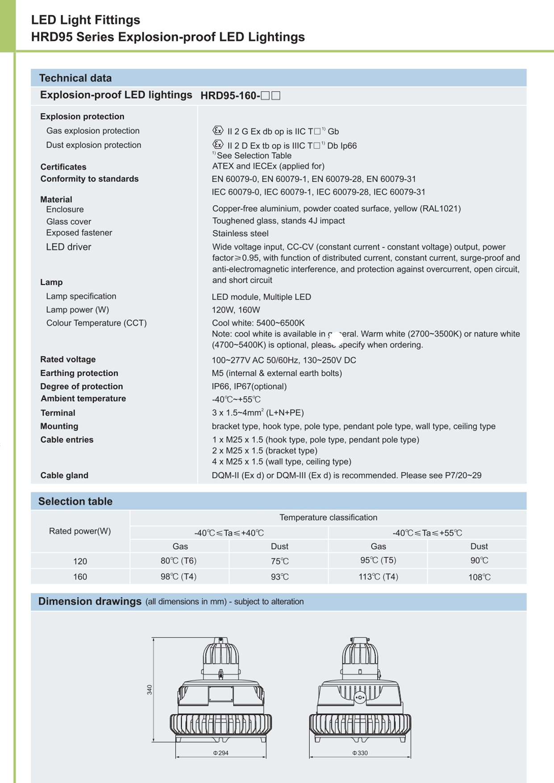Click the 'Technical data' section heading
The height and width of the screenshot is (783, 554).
click(x=75, y=78)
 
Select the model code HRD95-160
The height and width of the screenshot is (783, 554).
click(x=230, y=96)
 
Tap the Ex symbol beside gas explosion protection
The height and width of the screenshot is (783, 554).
click(x=218, y=131)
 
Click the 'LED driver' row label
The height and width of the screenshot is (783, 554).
click(x=68, y=247)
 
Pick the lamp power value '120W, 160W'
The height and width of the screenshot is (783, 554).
click(x=236, y=310)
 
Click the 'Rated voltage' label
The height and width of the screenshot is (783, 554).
click(x=68, y=360)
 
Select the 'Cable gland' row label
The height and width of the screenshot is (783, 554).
click(x=64, y=476)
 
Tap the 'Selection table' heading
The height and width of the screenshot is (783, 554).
click(x=75, y=501)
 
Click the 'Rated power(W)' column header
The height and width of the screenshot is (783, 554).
click(x=80, y=531)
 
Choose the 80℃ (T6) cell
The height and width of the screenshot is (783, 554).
click(x=179, y=561)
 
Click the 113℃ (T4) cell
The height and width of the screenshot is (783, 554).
click(x=378, y=577)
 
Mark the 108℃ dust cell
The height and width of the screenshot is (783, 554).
click(x=479, y=577)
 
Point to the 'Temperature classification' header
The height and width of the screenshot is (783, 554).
click(x=328, y=518)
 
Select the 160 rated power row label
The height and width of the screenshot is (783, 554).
click(x=80, y=577)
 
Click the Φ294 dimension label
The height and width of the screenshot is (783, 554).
click(x=221, y=753)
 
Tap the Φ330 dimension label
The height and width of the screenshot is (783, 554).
click(x=360, y=753)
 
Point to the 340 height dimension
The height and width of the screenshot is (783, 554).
click(x=150, y=690)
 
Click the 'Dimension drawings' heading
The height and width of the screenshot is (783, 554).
click(x=90, y=601)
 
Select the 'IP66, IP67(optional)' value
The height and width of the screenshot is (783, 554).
click(x=249, y=386)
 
